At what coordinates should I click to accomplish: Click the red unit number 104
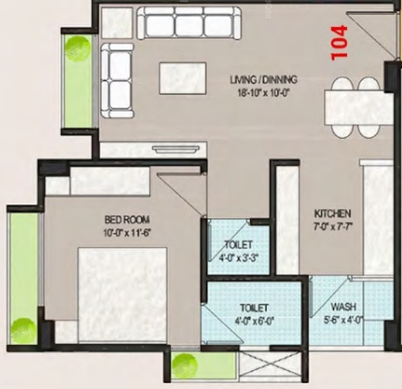(x=340, y=42)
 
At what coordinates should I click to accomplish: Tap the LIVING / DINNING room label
(x=264, y=79)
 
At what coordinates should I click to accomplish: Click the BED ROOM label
(x=127, y=219)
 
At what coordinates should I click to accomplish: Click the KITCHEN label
(x=332, y=212)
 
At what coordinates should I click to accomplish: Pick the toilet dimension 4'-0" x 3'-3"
(x=239, y=256)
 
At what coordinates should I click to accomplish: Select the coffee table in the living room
(x=182, y=78)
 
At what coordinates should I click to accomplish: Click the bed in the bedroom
(x=122, y=294)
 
